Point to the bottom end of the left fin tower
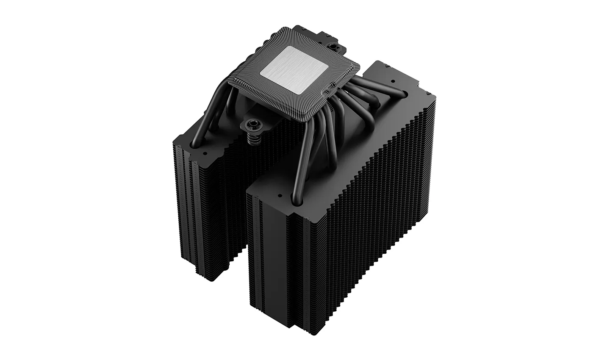212,277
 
